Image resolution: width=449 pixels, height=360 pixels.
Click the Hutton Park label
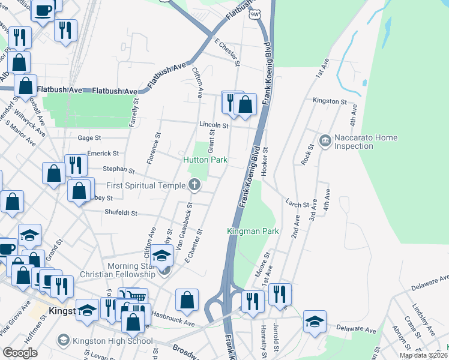[205, 160]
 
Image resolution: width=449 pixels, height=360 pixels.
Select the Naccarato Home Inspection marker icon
[325, 142]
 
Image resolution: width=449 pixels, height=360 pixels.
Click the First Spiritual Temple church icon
[194, 185]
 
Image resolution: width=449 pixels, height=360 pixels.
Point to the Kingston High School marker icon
[63, 341]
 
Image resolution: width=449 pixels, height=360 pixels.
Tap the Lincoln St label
[215, 125]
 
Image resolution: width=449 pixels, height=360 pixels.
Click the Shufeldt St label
[121, 212]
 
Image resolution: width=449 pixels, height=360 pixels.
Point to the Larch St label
[297, 205]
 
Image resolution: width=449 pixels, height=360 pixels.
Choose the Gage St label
[89, 137]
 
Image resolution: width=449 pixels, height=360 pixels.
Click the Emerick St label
[103, 154]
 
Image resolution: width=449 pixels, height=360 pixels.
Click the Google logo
[20, 352]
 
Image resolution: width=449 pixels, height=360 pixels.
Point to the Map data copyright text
[423, 355]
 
